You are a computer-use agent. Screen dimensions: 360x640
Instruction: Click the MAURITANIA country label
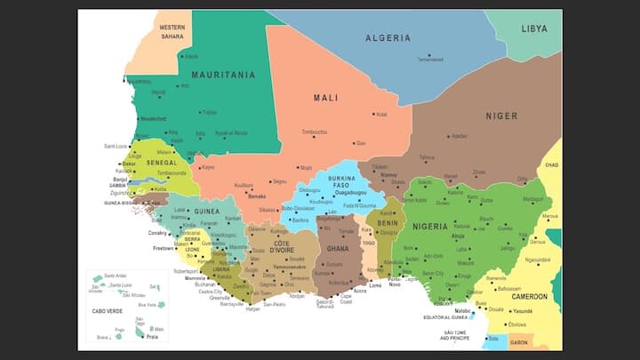pyautogui.click(x=223, y=76)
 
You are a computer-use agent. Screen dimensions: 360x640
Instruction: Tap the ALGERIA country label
pyautogui.click(x=388, y=38)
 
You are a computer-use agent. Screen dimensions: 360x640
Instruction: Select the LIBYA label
pyautogui.click(x=534, y=28)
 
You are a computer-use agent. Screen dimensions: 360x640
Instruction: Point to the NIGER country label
pyautogui.click(x=501, y=116)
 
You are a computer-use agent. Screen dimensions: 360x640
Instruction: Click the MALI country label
pyautogui.click(x=325, y=98)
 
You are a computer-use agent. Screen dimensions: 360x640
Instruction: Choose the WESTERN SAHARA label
pyautogui.click(x=172, y=33)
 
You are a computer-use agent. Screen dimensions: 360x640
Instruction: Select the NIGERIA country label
pyautogui.click(x=430, y=227)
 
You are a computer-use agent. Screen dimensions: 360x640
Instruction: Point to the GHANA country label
pyautogui.click(x=337, y=249)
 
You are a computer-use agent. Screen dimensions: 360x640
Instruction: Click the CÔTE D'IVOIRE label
pyautogui.click(x=282, y=247)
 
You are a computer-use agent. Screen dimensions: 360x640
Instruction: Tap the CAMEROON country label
pyautogui.click(x=529, y=297)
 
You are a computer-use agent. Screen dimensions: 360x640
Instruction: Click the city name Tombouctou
pyautogui.click(x=315, y=132)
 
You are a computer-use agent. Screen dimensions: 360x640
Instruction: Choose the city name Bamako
pyautogui.click(x=257, y=196)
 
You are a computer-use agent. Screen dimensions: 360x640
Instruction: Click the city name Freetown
pyautogui.click(x=164, y=249)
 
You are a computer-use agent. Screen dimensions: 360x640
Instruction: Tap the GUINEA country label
pyautogui.click(x=206, y=212)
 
